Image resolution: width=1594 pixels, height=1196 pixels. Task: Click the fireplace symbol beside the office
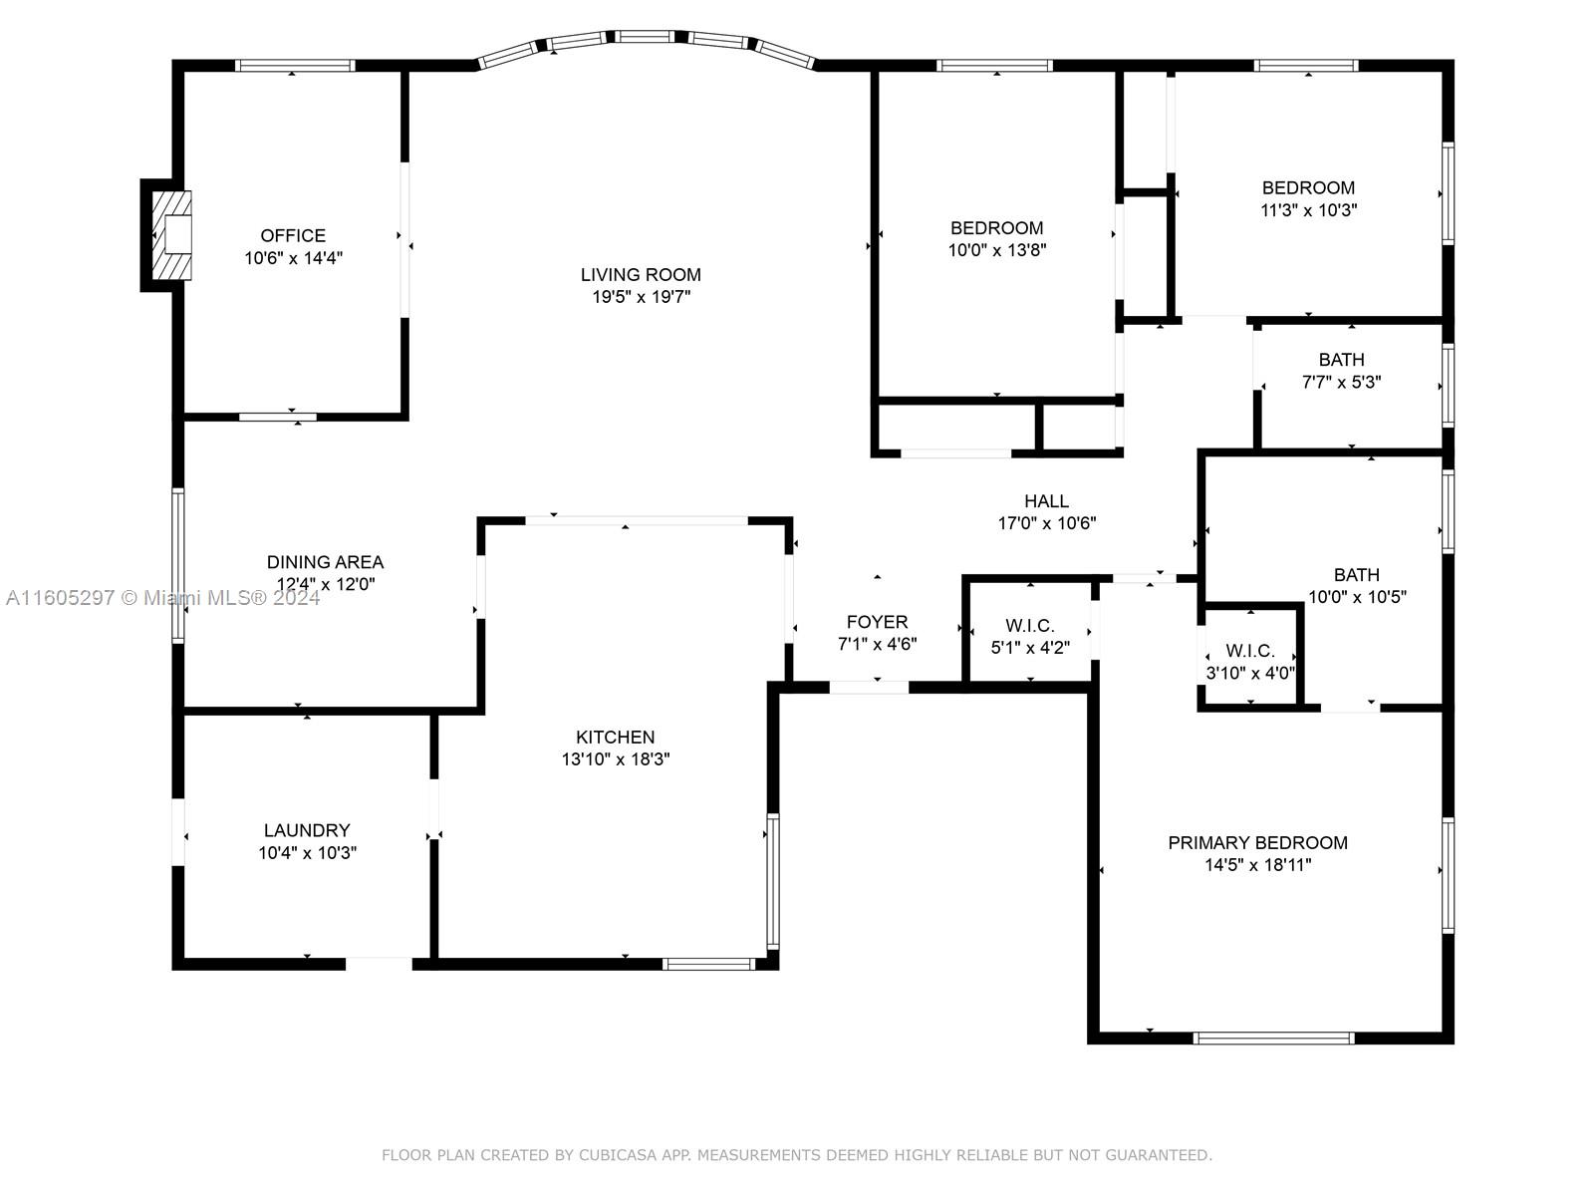171,235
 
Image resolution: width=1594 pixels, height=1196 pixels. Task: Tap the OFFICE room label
293,236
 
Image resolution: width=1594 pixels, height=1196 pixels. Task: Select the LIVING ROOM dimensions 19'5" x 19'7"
641,297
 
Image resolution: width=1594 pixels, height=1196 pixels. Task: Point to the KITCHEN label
615,738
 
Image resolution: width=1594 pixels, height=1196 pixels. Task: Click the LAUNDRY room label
307,830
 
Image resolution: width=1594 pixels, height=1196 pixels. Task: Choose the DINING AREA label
325,562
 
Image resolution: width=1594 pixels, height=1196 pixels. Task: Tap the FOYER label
878,622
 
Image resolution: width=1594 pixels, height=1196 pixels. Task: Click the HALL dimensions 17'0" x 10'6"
1046,523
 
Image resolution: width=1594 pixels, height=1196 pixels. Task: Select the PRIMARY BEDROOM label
1258,843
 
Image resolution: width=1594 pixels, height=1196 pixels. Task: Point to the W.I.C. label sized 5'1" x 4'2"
1030,626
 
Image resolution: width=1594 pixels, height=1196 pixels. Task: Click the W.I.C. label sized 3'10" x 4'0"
1249,651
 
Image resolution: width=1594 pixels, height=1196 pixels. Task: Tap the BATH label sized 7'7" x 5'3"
1341,360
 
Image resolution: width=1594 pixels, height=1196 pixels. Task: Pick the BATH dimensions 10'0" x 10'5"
1357,598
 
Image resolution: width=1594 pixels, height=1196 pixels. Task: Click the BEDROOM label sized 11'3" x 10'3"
1308,188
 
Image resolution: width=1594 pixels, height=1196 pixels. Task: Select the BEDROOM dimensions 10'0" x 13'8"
997,250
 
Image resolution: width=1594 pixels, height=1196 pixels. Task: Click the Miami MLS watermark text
162,598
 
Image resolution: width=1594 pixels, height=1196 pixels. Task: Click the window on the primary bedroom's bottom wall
1274,1039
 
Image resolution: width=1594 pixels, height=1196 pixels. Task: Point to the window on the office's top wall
295,66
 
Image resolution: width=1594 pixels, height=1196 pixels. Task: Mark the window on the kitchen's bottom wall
708,965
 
